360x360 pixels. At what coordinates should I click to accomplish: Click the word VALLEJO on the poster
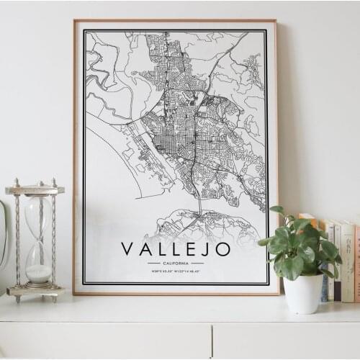tap(176, 249)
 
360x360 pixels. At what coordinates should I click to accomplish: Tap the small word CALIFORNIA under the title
tap(176, 264)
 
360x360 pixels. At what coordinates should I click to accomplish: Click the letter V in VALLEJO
tap(127, 249)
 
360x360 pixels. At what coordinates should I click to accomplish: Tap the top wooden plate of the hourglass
tap(35, 190)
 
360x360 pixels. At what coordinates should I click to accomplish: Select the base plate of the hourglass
tap(35, 291)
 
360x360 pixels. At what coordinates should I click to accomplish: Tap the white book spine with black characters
tap(348, 259)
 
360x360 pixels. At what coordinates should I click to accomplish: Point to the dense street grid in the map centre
tap(176, 130)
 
